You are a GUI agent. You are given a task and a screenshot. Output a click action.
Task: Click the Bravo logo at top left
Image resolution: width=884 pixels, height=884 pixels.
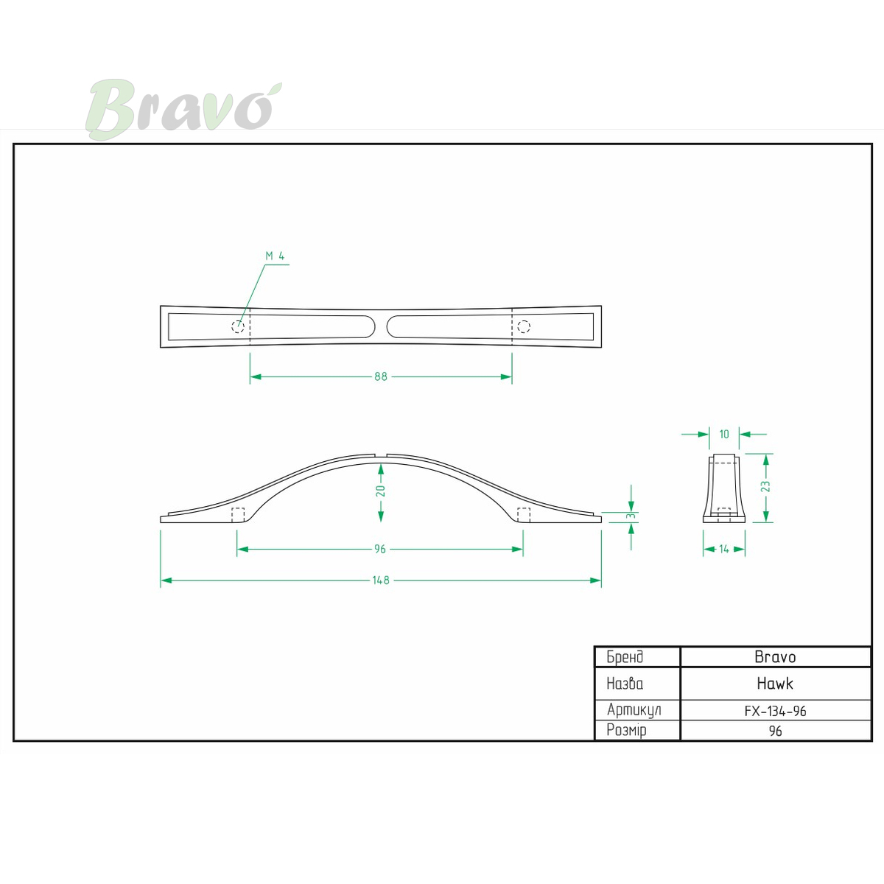coord(183,109)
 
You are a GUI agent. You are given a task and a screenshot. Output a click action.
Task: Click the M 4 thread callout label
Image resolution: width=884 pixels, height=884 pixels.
coord(275,256)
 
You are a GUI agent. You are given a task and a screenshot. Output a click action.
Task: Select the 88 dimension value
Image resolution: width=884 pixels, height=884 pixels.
coord(381,376)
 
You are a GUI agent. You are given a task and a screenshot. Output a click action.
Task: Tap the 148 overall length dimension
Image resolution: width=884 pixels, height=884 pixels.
coord(381,580)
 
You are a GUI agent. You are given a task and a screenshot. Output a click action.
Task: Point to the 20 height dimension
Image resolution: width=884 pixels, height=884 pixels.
coord(380,491)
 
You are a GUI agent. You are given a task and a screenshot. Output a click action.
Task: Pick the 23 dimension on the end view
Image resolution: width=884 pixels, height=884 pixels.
coord(765,486)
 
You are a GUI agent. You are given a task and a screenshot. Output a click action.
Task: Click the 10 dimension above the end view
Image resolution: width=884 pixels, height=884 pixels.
coord(724,434)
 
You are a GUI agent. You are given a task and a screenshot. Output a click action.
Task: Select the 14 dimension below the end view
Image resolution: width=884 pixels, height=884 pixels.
coord(724,549)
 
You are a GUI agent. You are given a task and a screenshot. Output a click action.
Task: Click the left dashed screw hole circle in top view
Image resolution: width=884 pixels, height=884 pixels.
coord(238,326)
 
